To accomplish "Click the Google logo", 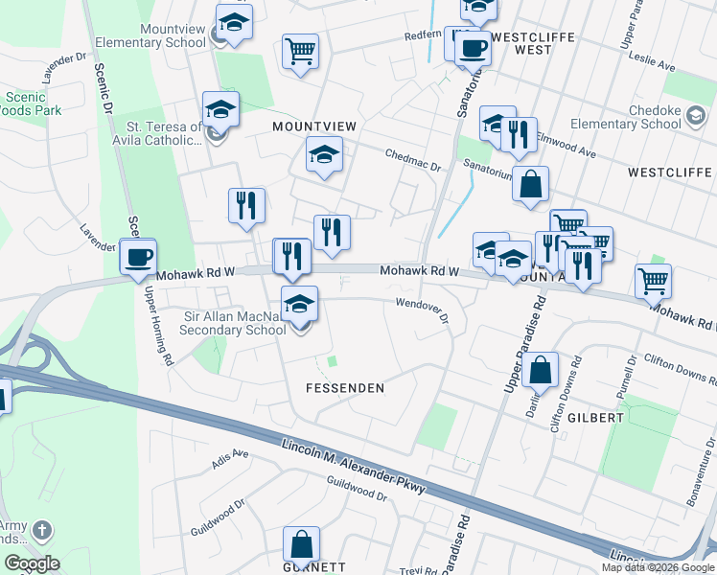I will coord(32,563).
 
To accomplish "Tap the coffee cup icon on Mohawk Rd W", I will coord(137,257).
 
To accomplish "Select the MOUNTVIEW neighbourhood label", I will coord(314,126).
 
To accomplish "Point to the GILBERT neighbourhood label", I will coord(594,418).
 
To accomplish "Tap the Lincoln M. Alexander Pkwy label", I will coord(354,465).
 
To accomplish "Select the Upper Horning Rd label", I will coord(158,326).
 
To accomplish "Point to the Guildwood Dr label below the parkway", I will coord(356,492).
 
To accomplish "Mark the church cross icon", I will coord(41,530).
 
